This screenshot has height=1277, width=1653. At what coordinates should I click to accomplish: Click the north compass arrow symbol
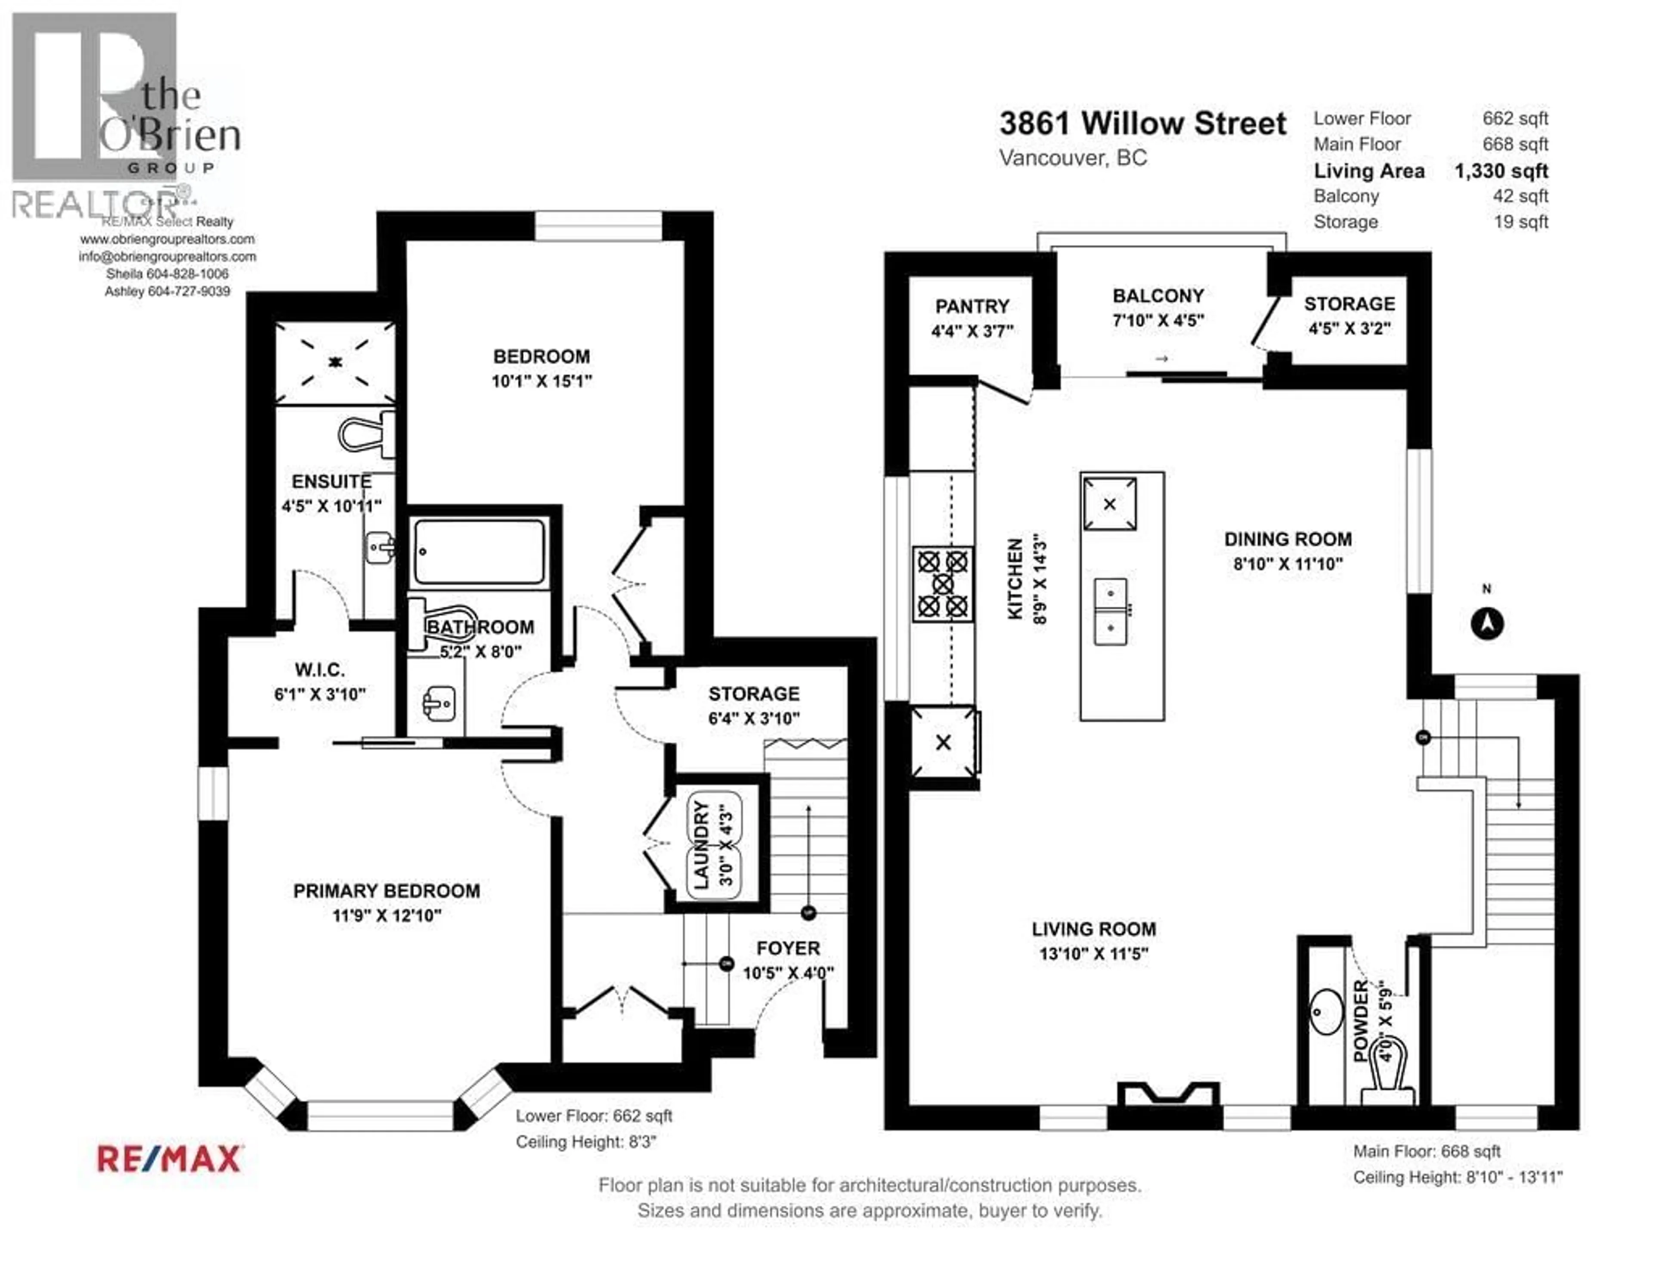1486,624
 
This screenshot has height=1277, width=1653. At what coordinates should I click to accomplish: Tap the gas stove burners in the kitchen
942,584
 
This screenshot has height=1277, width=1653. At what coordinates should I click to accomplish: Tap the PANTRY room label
972,307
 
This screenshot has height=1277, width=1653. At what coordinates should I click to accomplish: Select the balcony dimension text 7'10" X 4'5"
1158,321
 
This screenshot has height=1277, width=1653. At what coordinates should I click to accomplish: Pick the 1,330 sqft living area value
1501,171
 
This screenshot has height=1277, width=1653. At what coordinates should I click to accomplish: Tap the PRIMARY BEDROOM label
386,891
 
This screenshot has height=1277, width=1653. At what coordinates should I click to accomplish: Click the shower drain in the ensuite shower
334,363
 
